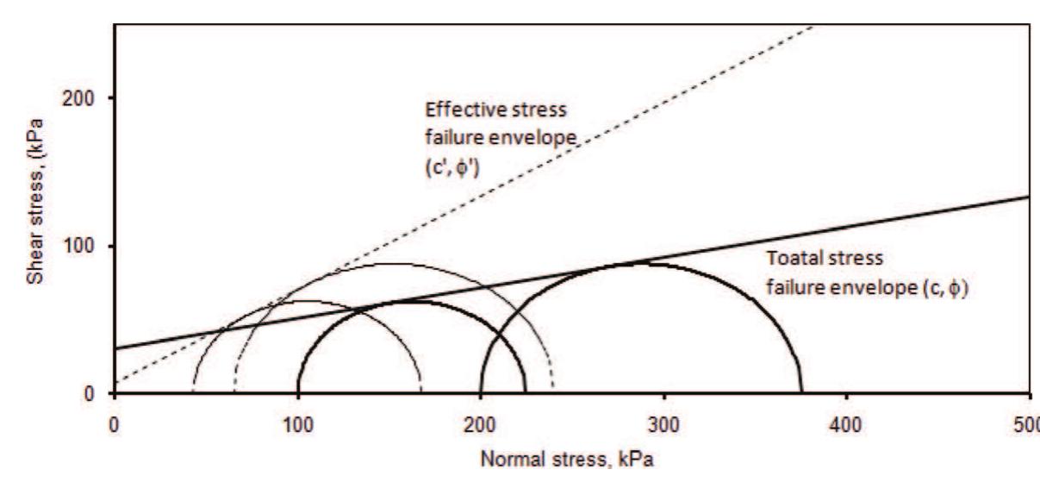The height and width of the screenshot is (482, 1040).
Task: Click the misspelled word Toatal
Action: pos(788,258)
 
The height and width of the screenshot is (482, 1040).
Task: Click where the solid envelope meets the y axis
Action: pos(115,349)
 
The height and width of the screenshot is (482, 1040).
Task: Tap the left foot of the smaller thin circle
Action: pos(192,394)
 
